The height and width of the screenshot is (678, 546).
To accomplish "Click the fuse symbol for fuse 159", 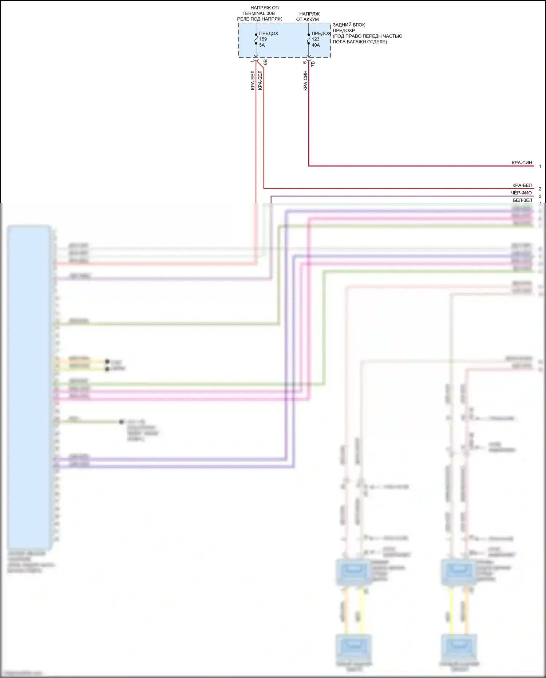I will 256,39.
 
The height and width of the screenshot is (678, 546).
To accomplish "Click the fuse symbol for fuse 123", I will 309,39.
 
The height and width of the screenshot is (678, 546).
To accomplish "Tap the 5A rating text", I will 262,45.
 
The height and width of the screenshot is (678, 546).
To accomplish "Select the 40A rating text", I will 316,45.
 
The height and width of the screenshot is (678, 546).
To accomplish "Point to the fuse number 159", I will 263,39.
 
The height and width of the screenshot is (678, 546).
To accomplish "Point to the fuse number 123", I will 316,39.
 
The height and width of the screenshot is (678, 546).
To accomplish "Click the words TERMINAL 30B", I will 258,13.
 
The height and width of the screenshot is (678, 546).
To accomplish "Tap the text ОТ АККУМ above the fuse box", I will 307,19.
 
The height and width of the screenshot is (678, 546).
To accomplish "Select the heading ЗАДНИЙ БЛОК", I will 349,25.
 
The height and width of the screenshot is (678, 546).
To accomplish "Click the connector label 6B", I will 265,62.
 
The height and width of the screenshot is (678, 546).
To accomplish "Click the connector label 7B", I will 313,64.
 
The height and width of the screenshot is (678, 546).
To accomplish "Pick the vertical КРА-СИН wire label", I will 305,81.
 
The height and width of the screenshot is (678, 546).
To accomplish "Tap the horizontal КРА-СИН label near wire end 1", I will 522,163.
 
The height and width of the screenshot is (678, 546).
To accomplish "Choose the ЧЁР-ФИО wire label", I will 521,193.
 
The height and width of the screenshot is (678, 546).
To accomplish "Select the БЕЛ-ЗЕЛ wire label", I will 522,200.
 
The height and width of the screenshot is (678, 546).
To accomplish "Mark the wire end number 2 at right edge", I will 540,189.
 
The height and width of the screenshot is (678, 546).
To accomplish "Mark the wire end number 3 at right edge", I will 540,196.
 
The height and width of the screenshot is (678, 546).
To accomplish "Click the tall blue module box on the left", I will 29,386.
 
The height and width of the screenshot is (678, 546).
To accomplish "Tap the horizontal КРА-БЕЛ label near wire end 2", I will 522,185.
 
